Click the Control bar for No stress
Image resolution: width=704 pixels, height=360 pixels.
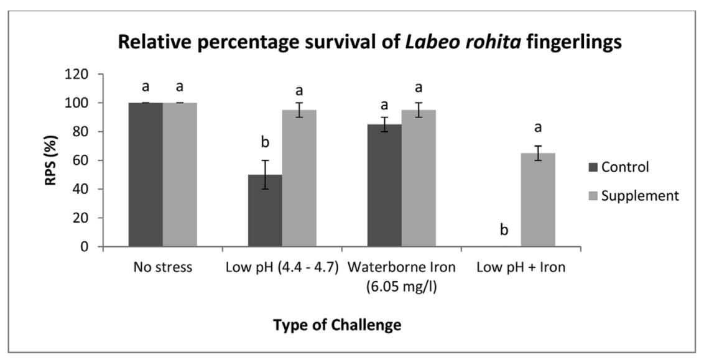145,175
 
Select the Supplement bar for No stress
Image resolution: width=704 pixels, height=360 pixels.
180,175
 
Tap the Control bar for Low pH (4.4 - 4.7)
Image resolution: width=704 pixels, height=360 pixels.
265,211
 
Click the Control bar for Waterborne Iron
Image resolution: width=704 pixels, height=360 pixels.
384,186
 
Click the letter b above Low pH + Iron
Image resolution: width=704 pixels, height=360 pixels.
504,231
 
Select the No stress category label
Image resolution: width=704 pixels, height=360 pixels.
162,268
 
